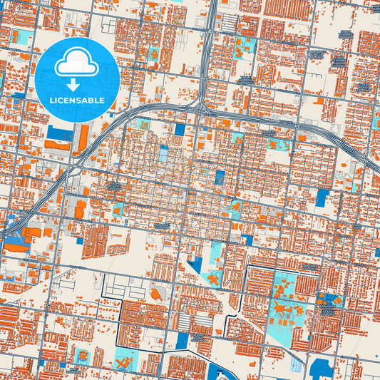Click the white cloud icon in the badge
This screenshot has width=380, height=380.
[76, 63]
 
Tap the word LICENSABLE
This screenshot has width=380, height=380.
[76, 101]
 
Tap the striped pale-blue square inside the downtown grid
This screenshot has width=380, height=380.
[163, 153]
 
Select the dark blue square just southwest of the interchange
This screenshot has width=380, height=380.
[178, 129]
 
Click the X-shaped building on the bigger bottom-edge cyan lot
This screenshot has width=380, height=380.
[125, 361]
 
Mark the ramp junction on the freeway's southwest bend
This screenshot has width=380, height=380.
[75, 170]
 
